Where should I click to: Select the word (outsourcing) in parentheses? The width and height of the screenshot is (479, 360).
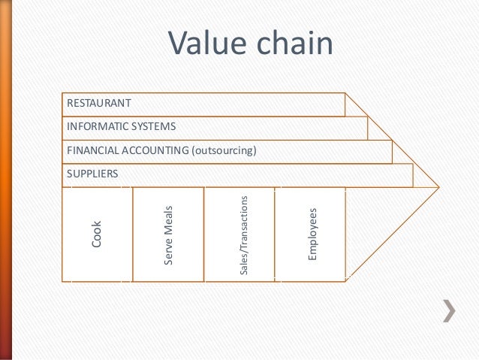click(223, 151)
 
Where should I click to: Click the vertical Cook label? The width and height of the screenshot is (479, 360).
click(96, 234)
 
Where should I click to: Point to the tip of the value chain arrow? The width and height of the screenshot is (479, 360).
click(438, 186)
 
